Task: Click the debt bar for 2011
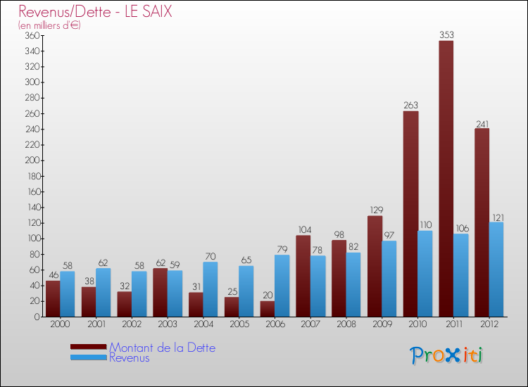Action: [x=446, y=179]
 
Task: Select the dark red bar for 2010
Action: [x=410, y=214]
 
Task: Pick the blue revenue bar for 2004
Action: [x=210, y=289]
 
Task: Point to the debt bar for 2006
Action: [x=267, y=309]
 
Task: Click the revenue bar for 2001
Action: [x=103, y=292]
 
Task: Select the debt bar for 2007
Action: [x=303, y=276]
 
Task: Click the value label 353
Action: [x=446, y=34]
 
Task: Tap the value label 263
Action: [x=410, y=105]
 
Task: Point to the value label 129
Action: [x=375, y=210]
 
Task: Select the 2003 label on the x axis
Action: [x=167, y=325]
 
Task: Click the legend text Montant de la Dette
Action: [x=162, y=348]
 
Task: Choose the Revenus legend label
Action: [x=130, y=358]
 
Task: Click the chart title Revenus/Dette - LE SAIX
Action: [x=96, y=12]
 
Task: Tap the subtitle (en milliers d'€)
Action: [x=50, y=25]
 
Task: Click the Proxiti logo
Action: [x=446, y=355]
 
